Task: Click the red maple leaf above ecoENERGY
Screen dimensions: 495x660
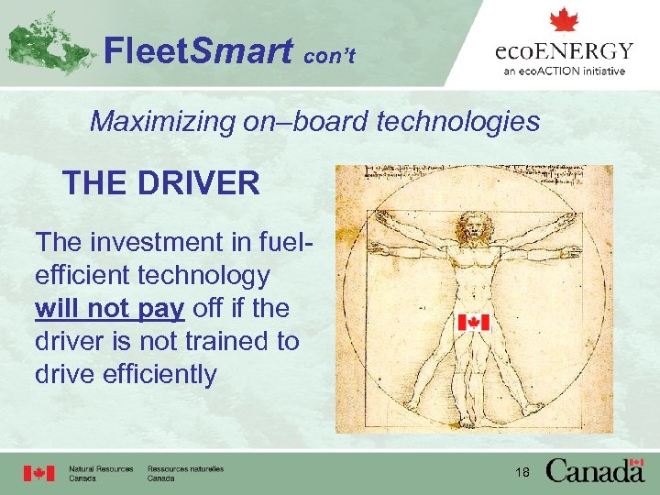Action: pyautogui.click(x=563, y=20)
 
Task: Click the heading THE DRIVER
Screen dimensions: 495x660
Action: pyautogui.click(x=161, y=183)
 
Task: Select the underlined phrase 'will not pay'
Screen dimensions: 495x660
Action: pyautogui.click(x=109, y=308)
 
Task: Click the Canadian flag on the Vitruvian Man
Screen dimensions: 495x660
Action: pyautogui.click(x=473, y=322)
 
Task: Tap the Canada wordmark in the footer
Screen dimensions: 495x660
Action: pyautogui.click(x=595, y=471)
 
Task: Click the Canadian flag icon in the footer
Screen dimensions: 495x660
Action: pyautogui.click(x=38, y=473)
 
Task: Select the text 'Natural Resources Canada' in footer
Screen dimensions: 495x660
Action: pyautogui.click(x=101, y=473)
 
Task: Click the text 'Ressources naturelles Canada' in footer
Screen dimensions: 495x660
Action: pyautogui.click(x=185, y=473)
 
